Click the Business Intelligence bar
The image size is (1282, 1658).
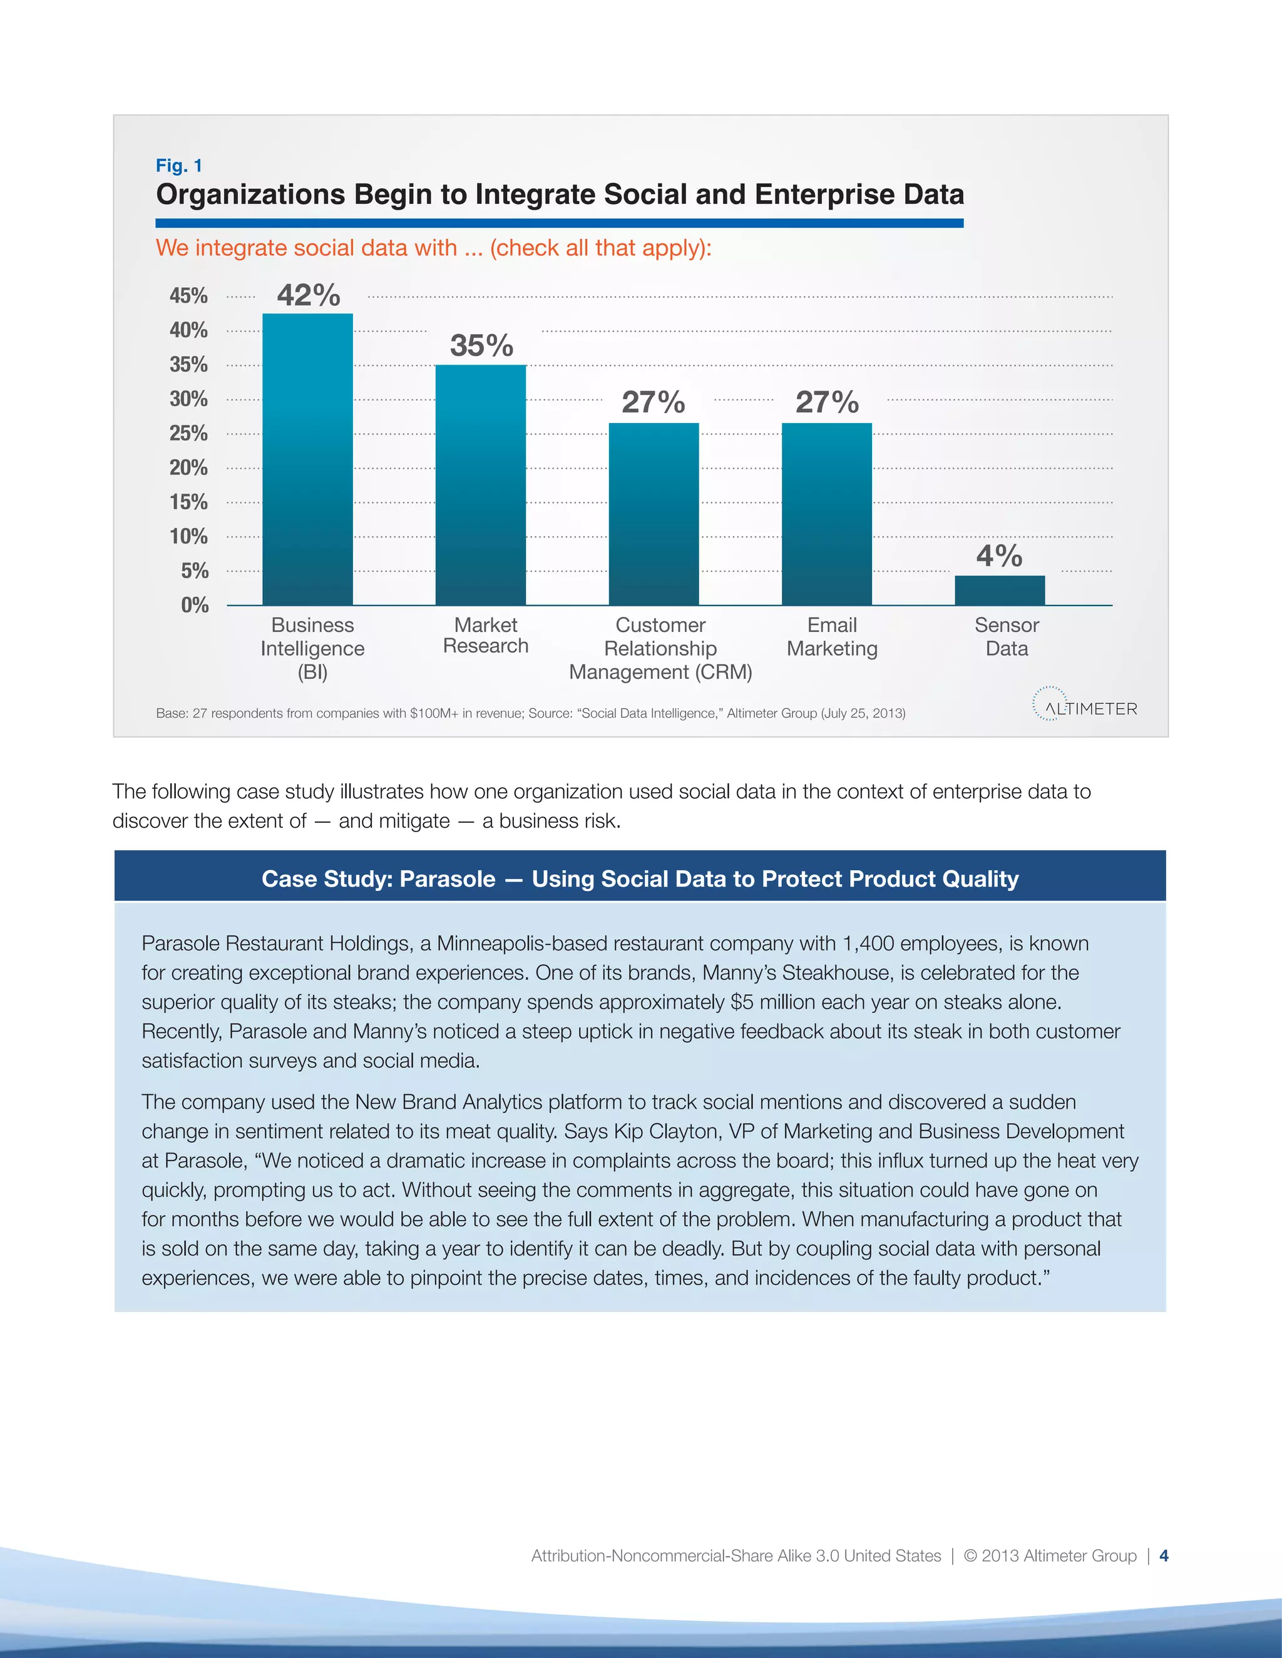(307, 459)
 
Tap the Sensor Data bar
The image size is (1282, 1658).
(1000, 590)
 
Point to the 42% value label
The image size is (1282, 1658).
(309, 295)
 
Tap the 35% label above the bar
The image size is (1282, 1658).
(481, 345)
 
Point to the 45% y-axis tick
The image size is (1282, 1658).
(188, 295)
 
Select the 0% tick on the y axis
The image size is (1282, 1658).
(195, 605)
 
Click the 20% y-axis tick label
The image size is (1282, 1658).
(188, 467)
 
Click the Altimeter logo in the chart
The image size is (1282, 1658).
(1085, 707)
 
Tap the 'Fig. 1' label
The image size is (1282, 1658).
(178, 166)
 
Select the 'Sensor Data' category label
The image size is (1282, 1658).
(1007, 636)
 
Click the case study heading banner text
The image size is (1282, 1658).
(640, 878)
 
